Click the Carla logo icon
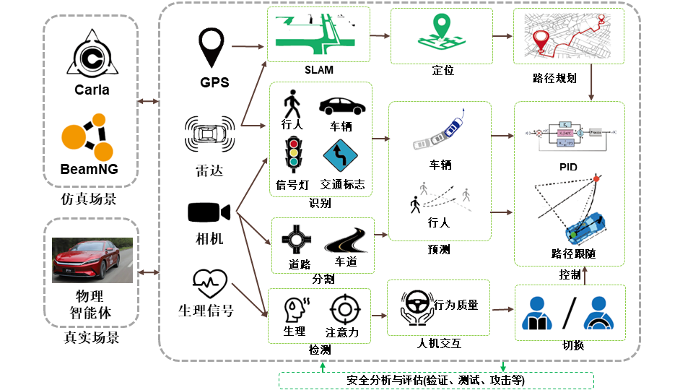pyautogui.click(x=92, y=54)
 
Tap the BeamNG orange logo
pyautogui.click(x=90, y=138)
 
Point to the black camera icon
pyautogui.click(x=209, y=212)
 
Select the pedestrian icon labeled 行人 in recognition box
pyautogui.click(x=292, y=105)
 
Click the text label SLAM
pyautogui.click(x=318, y=71)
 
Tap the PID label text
pyautogui.click(x=568, y=167)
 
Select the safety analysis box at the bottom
pyautogui.click(x=436, y=381)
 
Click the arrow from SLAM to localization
pyautogui.click(x=380, y=35)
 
